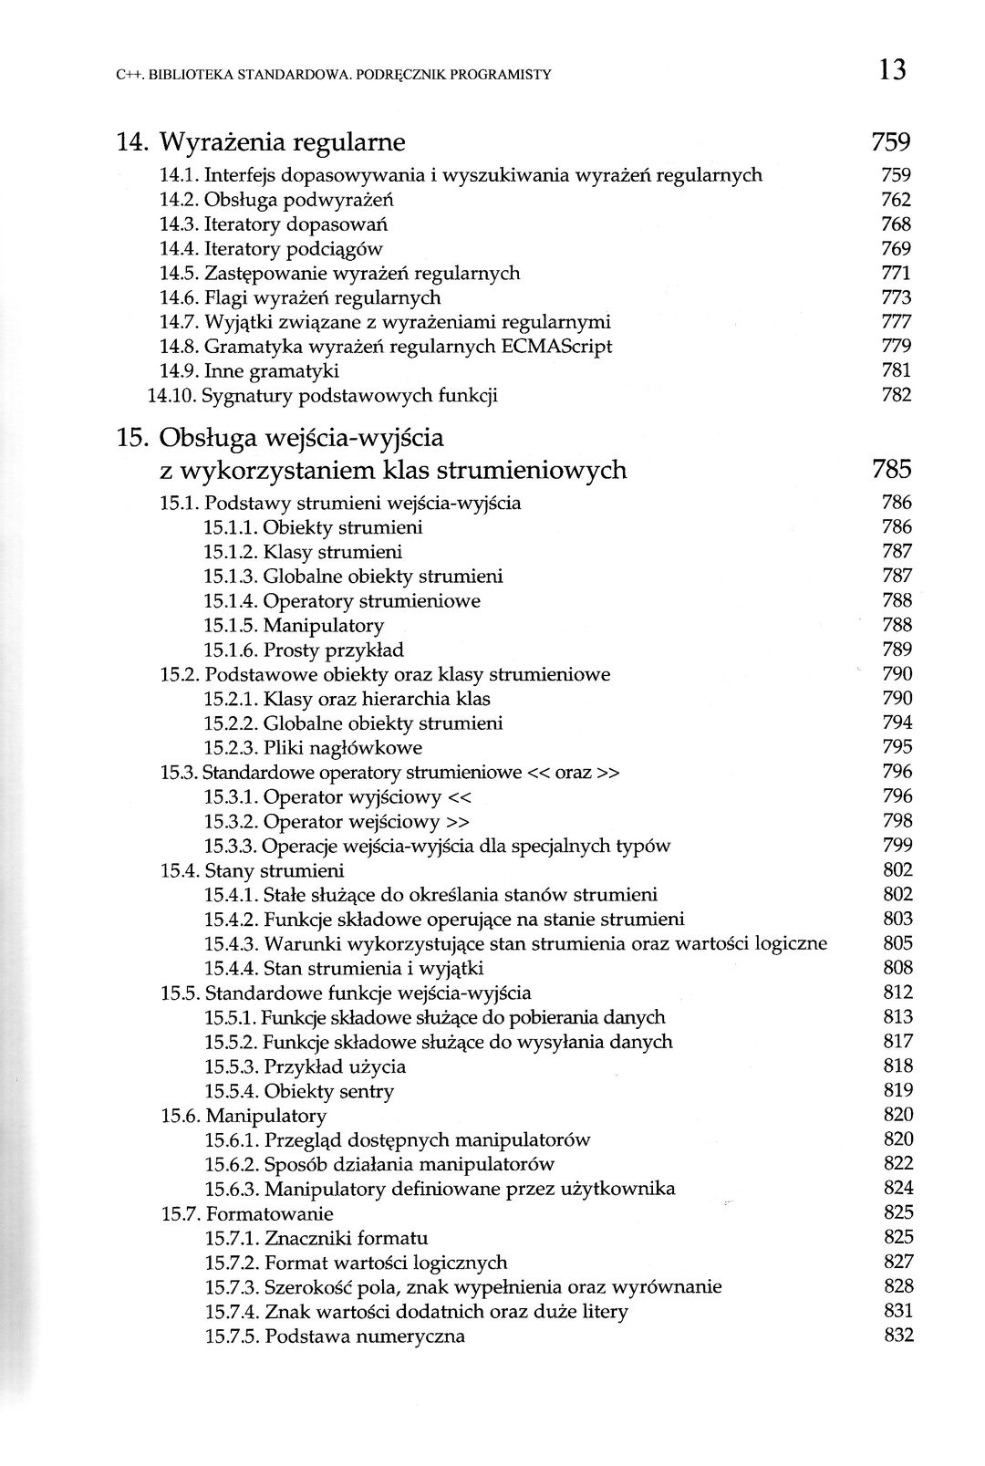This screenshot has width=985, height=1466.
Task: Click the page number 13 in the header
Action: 893,69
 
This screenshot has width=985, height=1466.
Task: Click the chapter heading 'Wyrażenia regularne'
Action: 283,142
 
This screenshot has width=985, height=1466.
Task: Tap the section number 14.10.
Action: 171,396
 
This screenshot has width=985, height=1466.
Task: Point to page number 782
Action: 897,395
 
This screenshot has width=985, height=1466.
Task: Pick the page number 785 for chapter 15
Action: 891,470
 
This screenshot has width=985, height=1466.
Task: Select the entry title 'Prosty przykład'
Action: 333,650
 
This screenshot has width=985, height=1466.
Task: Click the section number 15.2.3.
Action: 231,748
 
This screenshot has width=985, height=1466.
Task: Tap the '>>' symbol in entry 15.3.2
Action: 459,822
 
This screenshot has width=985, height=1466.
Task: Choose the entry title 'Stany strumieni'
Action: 275,870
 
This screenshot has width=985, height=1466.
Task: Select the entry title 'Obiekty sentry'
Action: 328,1091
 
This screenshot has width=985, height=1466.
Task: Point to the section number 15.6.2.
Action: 231,1164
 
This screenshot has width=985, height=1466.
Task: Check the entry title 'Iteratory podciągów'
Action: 293,249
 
